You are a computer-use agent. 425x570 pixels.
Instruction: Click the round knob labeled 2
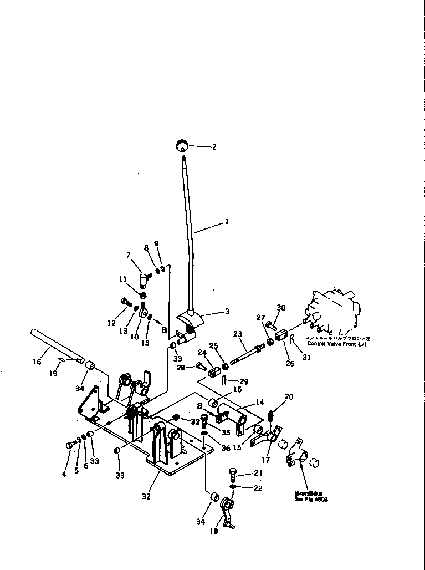(181, 146)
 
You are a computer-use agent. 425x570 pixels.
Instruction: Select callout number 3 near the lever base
(226, 312)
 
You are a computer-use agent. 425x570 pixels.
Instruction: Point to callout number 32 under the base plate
(145, 497)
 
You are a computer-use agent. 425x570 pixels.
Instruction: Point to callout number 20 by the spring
(288, 396)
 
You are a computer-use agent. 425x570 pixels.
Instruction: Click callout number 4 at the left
(64, 474)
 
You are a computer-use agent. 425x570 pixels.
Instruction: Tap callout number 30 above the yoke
(281, 308)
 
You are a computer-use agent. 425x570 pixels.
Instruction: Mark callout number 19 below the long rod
(53, 373)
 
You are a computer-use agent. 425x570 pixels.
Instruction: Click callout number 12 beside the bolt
(112, 323)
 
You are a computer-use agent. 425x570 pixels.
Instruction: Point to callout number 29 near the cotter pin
(243, 382)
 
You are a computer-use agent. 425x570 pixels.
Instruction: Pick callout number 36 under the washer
(226, 448)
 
